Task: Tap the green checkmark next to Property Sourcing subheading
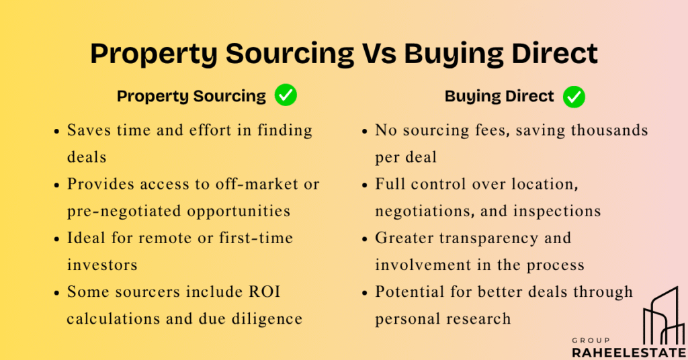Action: point(286,95)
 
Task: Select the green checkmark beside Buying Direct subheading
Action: point(574,97)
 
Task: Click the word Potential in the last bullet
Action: point(409,291)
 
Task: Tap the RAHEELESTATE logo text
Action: point(629,352)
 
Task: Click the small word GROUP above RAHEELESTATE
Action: point(591,341)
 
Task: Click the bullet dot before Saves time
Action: point(56,131)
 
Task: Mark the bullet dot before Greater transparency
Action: point(364,239)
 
